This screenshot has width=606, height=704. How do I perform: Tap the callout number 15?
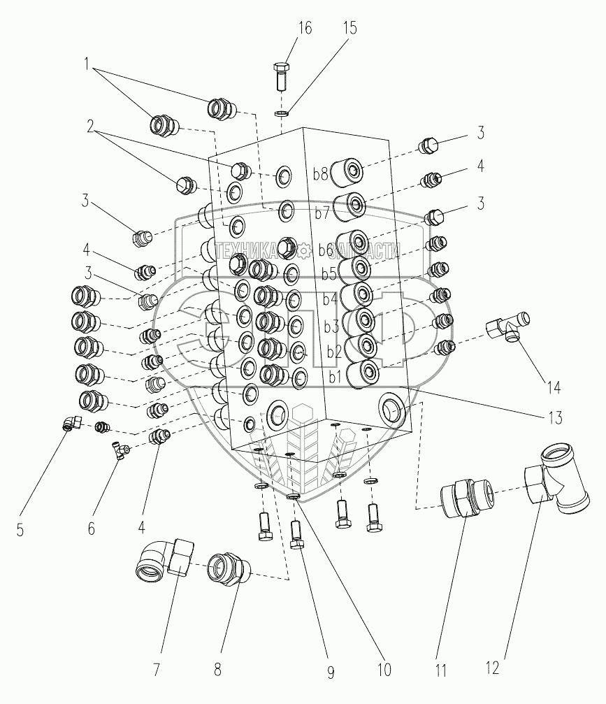coord(349,29)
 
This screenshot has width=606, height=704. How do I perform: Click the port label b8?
coord(321,174)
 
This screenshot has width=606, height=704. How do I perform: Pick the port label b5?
coord(330,275)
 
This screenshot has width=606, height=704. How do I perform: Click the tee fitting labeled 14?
coord(508,325)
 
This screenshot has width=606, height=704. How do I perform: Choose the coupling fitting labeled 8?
coord(227,565)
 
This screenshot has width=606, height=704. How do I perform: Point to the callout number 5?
coord(20,530)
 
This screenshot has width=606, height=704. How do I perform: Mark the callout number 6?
coord(92,529)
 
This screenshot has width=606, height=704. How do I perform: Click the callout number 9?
coord(330,673)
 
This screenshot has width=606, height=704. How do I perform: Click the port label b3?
coord(331,326)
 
